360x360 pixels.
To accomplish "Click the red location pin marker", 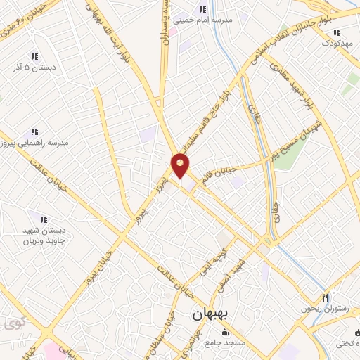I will (181, 166).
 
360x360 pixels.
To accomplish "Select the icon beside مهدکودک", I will (337, 32).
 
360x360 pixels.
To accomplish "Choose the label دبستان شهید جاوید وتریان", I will (41, 234).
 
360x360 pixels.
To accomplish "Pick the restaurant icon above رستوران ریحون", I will (325, 297).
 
